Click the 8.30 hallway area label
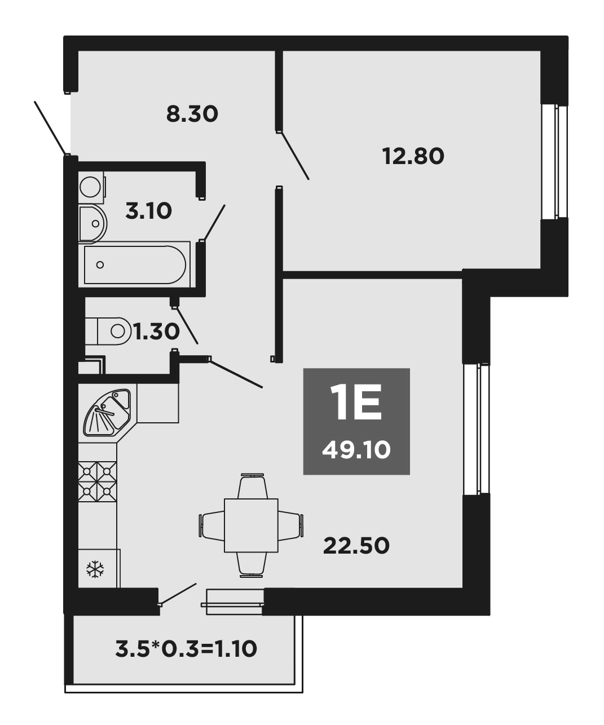192,114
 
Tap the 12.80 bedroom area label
413,156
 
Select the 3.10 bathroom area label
149,211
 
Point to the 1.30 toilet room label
157,331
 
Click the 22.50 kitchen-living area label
356,546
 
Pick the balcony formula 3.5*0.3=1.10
186,649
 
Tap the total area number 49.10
356,450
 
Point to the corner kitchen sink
107,412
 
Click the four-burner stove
97,481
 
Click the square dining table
251,525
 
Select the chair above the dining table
253,486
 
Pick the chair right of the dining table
290,525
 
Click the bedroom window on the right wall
554,161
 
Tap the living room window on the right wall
476,429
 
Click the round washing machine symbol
91,187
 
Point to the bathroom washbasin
92,224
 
